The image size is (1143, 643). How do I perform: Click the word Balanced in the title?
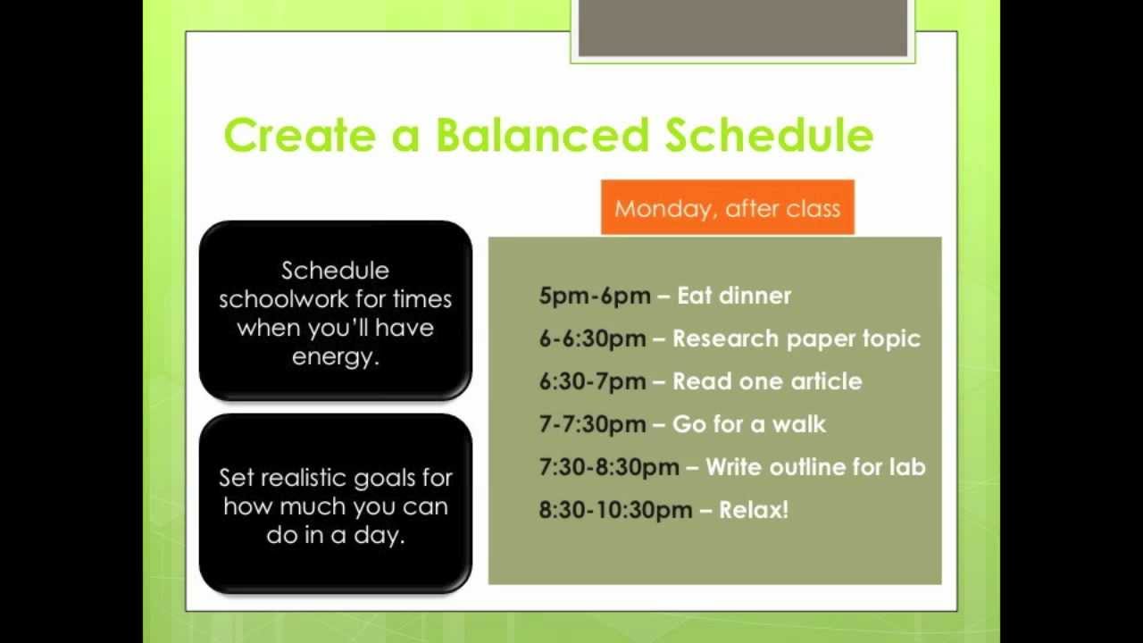coord(542,135)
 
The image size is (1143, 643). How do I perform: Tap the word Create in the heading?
coord(300,135)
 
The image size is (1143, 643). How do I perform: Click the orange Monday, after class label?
coord(728,207)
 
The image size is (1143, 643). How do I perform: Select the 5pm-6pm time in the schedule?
coord(595,296)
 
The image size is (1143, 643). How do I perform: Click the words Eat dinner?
coord(734,296)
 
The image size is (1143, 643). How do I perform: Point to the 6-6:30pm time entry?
coord(592,338)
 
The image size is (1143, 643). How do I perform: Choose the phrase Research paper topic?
coord(797,338)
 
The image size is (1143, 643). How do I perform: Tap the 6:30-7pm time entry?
coord(592,381)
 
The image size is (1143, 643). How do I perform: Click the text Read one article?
coord(767,381)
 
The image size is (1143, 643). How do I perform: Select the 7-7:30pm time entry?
coord(592,424)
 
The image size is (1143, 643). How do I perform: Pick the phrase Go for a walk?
coord(749,424)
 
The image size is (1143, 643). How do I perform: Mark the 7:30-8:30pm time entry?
coord(609,467)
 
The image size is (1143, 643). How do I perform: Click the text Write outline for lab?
coord(815,467)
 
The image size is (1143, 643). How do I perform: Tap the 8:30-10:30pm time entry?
coord(616,510)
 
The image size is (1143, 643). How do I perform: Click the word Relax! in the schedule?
coord(754,510)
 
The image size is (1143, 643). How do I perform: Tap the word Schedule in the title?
coord(770,135)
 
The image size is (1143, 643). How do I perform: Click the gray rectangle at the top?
coord(742,28)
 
